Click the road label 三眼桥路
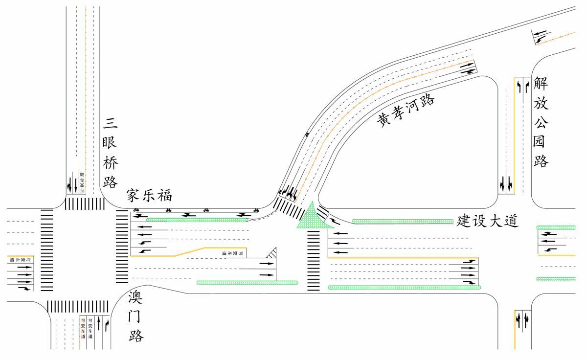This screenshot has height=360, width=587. (111, 153)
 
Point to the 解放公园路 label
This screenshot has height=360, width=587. (541, 122)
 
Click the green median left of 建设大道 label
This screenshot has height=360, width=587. (403, 222)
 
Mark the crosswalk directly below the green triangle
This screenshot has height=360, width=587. (313, 261)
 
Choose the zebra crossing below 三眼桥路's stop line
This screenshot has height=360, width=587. (85, 203)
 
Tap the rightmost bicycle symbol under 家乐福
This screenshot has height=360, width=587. (256, 210)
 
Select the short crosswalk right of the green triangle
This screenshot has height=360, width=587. (323, 213)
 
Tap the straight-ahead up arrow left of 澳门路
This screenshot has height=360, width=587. (98, 323)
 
